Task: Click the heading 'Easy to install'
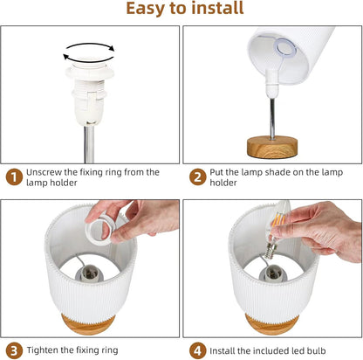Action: coord(185,8)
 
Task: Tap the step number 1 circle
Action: coord(14,177)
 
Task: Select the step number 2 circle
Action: coord(197,177)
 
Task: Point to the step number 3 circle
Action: coord(14,350)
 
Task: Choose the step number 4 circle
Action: coord(197,350)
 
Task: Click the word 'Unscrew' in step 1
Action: coord(44,172)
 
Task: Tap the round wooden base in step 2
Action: coord(272,147)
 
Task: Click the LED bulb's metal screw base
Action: coord(271,250)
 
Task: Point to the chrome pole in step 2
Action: coord(272,119)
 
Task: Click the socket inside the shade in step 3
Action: coord(90,274)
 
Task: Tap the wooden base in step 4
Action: coord(271,324)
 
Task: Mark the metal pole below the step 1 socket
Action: coord(89,144)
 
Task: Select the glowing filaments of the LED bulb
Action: coord(278,220)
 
